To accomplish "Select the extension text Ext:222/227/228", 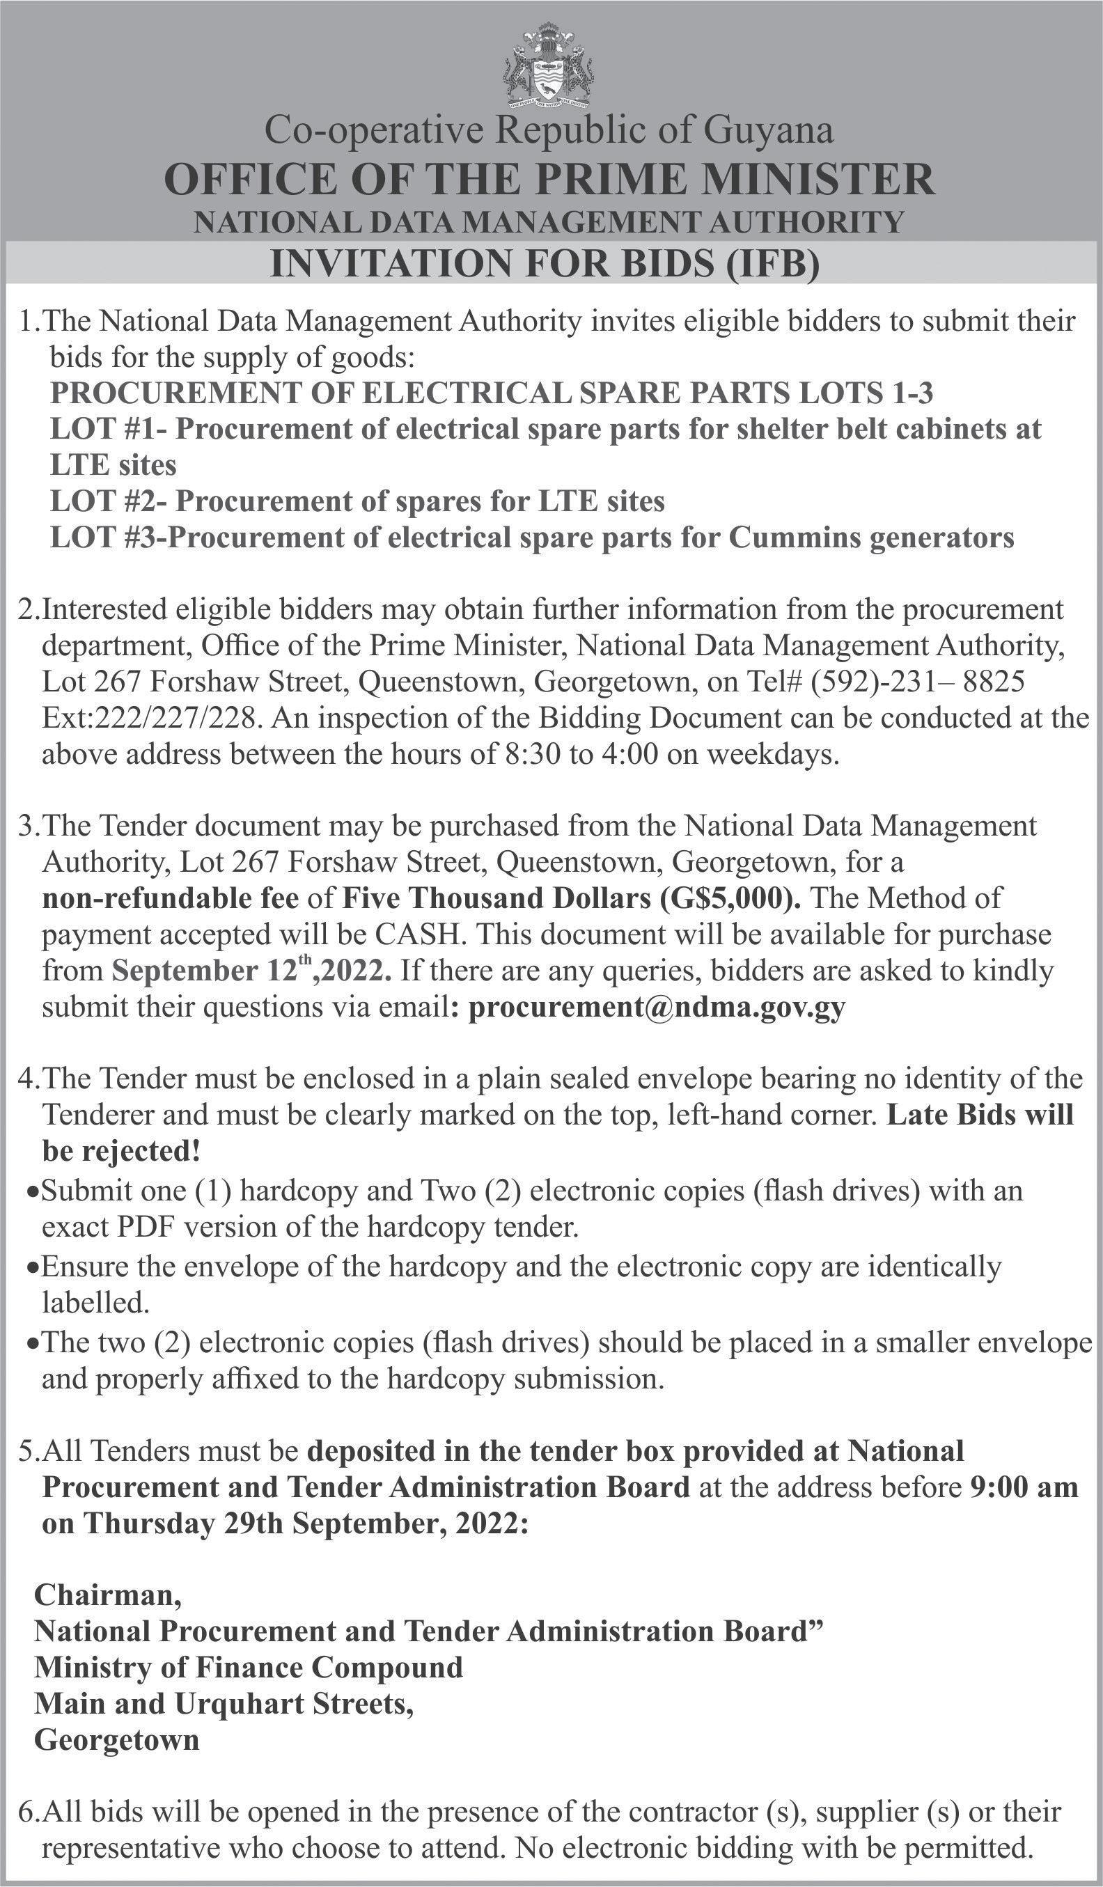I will pos(150,718).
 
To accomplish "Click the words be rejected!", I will pos(121,1151).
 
